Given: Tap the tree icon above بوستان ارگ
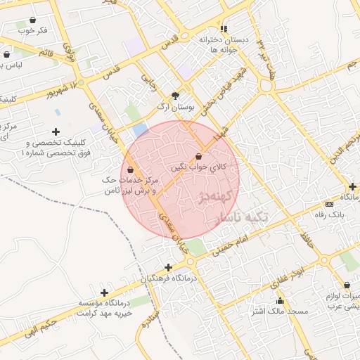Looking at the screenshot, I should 176,96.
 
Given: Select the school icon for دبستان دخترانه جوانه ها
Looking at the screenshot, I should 224,29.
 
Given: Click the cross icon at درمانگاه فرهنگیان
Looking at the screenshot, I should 167,267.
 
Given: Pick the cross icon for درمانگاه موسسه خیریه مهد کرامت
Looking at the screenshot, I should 104,292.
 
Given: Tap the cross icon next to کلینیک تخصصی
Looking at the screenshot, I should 56,131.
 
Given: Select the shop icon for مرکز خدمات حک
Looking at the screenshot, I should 131,169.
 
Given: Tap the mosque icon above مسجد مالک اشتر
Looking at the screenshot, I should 280,300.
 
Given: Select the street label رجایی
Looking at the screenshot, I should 148,82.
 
